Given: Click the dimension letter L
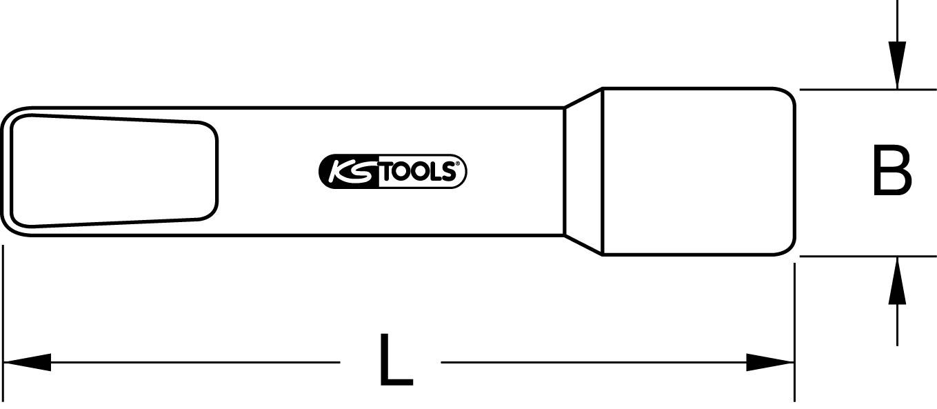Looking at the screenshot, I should tap(396, 360).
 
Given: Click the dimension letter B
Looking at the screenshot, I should tap(891, 170).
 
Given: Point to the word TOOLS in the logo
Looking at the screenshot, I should tap(418, 172).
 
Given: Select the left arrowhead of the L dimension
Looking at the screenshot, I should tap(28, 362).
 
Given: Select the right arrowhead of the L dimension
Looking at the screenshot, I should tap(771, 362).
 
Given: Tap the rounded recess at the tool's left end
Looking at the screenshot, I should tap(114, 171).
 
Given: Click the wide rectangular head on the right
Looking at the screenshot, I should tap(698, 171).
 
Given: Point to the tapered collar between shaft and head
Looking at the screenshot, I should tap(583, 171).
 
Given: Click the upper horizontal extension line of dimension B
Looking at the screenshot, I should tap(862, 89).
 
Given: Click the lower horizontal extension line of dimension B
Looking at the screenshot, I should tap(862, 257).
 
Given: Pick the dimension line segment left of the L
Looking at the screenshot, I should tap(193, 362).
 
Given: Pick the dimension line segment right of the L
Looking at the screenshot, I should tap(593, 362).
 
